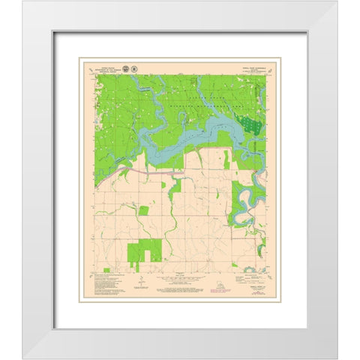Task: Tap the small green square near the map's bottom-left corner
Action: (107, 268)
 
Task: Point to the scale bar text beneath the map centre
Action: (179, 280)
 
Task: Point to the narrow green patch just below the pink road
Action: (174, 186)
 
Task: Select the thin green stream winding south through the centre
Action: (173, 225)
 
